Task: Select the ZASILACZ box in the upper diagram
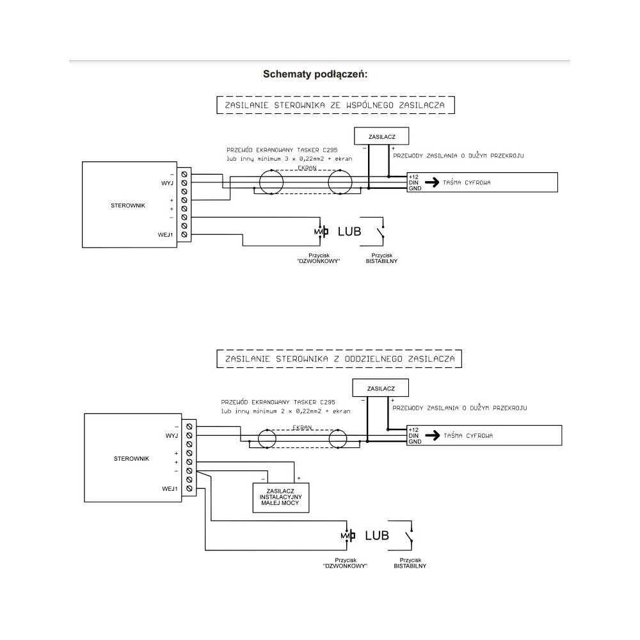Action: [381, 136]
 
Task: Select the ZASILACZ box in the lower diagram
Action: [380, 388]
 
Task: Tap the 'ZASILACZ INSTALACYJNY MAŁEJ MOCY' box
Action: [282, 497]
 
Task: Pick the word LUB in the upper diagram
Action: [349, 231]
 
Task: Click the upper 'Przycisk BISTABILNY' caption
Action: [381, 258]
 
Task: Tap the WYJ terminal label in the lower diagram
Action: [171, 435]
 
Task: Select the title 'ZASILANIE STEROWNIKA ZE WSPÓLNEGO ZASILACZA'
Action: [335, 104]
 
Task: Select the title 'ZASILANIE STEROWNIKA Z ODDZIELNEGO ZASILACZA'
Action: [339, 359]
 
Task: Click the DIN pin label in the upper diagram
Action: [413, 182]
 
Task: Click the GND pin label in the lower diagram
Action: [415, 442]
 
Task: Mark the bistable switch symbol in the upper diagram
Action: [382, 231]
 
